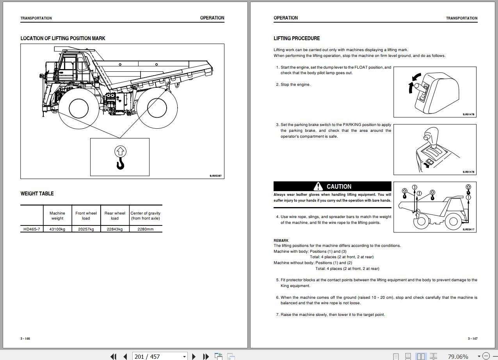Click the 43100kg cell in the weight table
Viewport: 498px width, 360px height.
[x=57, y=229]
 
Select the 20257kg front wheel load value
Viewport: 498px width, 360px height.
[x=86, y=229]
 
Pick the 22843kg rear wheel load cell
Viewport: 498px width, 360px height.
[x=115, y=229]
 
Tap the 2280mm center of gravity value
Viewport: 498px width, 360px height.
[x=145, y=229]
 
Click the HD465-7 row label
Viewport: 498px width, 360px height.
[x=32, y=229]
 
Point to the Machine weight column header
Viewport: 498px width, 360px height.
[x=57, y=216]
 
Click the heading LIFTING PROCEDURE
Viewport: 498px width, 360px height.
[x=297, y=38]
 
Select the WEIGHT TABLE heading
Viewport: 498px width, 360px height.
[x=37, y=193]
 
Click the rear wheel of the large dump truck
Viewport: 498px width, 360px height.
[x=157, y=108]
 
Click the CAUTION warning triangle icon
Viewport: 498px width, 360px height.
[x=318, y=186]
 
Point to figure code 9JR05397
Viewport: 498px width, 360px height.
[x=215, y=176]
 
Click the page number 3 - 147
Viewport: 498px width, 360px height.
[x=472, y=339]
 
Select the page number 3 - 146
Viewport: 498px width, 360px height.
[x=25, y=339]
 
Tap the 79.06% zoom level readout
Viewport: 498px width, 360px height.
[x=458, y=356]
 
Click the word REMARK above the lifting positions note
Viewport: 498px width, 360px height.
[x=281, y=240]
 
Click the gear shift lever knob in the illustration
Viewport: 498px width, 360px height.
[x=429, y=134]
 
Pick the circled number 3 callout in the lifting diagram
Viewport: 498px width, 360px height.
[x=414, y=188]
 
